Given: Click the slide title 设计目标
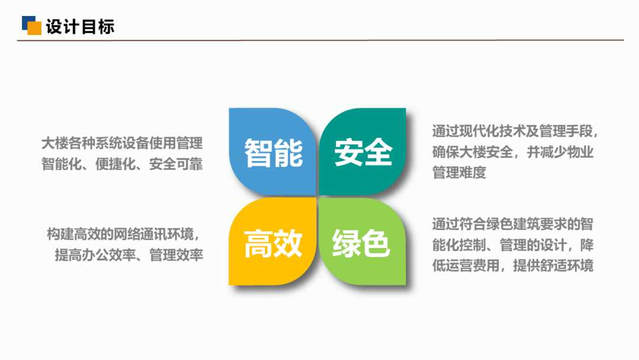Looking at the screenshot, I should click(x=80, y=27).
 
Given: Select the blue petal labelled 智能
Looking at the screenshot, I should click(x=272, y=151).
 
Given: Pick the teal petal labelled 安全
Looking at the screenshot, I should click(x=362, y=151).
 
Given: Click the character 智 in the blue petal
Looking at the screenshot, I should click(x=259, y=153).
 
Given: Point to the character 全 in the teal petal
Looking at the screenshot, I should click(x=378, y=153).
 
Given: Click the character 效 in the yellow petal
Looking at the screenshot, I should click(x=288, y=243).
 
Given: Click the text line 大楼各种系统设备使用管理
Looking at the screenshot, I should click(x=122, y=143).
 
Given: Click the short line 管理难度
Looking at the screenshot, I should click(x=459, y=173).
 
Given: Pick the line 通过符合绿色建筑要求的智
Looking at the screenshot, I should click(x=512, y=224).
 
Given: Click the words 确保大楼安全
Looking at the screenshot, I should click(x=473, y=152).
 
